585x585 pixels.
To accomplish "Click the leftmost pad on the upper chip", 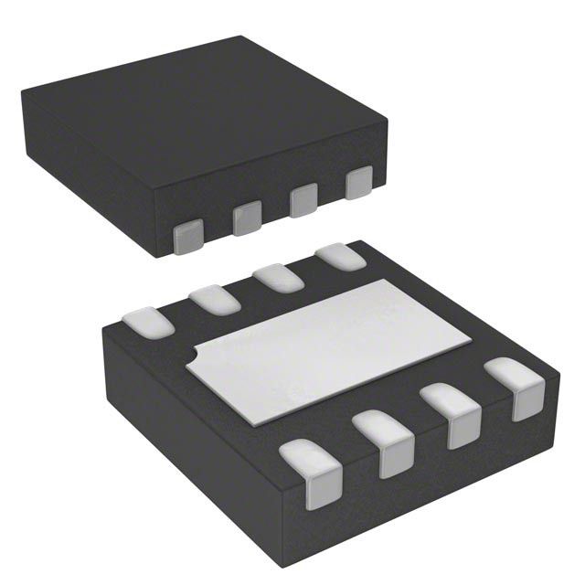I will click(188, 236).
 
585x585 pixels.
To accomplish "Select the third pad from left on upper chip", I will click(303, 200).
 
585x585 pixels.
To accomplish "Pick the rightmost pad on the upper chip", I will click(360, 182).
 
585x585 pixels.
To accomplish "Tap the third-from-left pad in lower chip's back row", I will click(277, 277).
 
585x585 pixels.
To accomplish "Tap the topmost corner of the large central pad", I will click(394, 282).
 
